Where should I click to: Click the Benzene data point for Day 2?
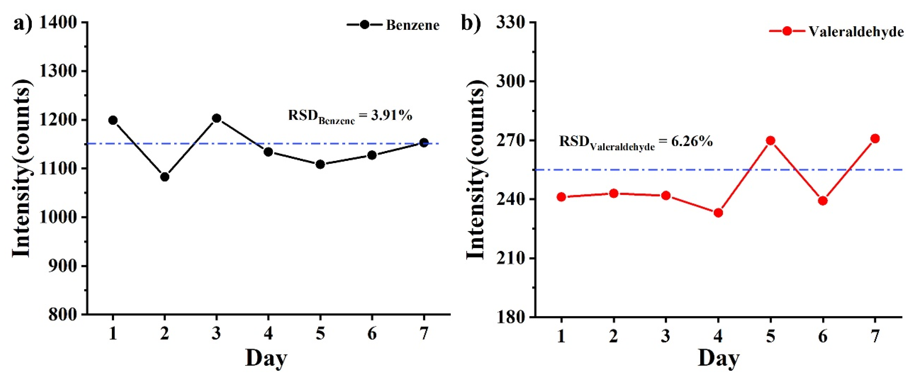[x=165, y=176]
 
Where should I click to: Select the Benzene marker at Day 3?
[x=217, y=118]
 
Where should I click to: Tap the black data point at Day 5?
[x=320, y=164]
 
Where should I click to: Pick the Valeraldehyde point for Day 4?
[x=718, y=213]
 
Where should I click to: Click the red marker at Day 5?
[x=770, y=140]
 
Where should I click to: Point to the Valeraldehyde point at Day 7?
[x=875, y=138]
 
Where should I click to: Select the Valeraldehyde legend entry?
[x=836, y=31]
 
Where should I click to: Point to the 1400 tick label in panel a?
[x=58, y=23]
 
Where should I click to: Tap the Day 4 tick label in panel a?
[x=268, y=333]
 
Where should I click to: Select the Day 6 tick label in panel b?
[x=823, y=336]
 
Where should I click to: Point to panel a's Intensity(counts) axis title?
[x=22, y=168]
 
